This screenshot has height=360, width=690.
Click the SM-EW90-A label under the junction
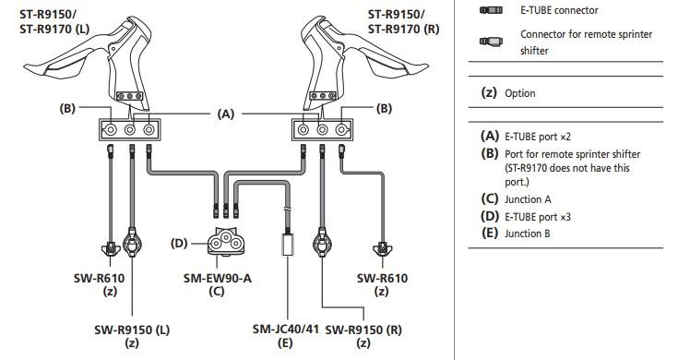(x=218, y=278)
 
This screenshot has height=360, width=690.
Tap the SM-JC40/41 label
(x=286, y=330)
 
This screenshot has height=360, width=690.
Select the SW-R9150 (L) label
(x=132, y=330)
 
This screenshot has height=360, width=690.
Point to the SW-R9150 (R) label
(x=363, y=330)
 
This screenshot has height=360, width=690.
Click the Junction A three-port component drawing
(x=226, y=242)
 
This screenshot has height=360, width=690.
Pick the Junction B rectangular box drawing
(x=288, y=245)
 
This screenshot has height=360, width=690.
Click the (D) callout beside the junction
(x=179, y=243)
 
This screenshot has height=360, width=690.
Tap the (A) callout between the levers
(x=226, y=114)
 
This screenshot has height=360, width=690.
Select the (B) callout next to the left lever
(x=67, y=108)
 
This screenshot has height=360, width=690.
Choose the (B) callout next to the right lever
(x=384, y=108)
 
